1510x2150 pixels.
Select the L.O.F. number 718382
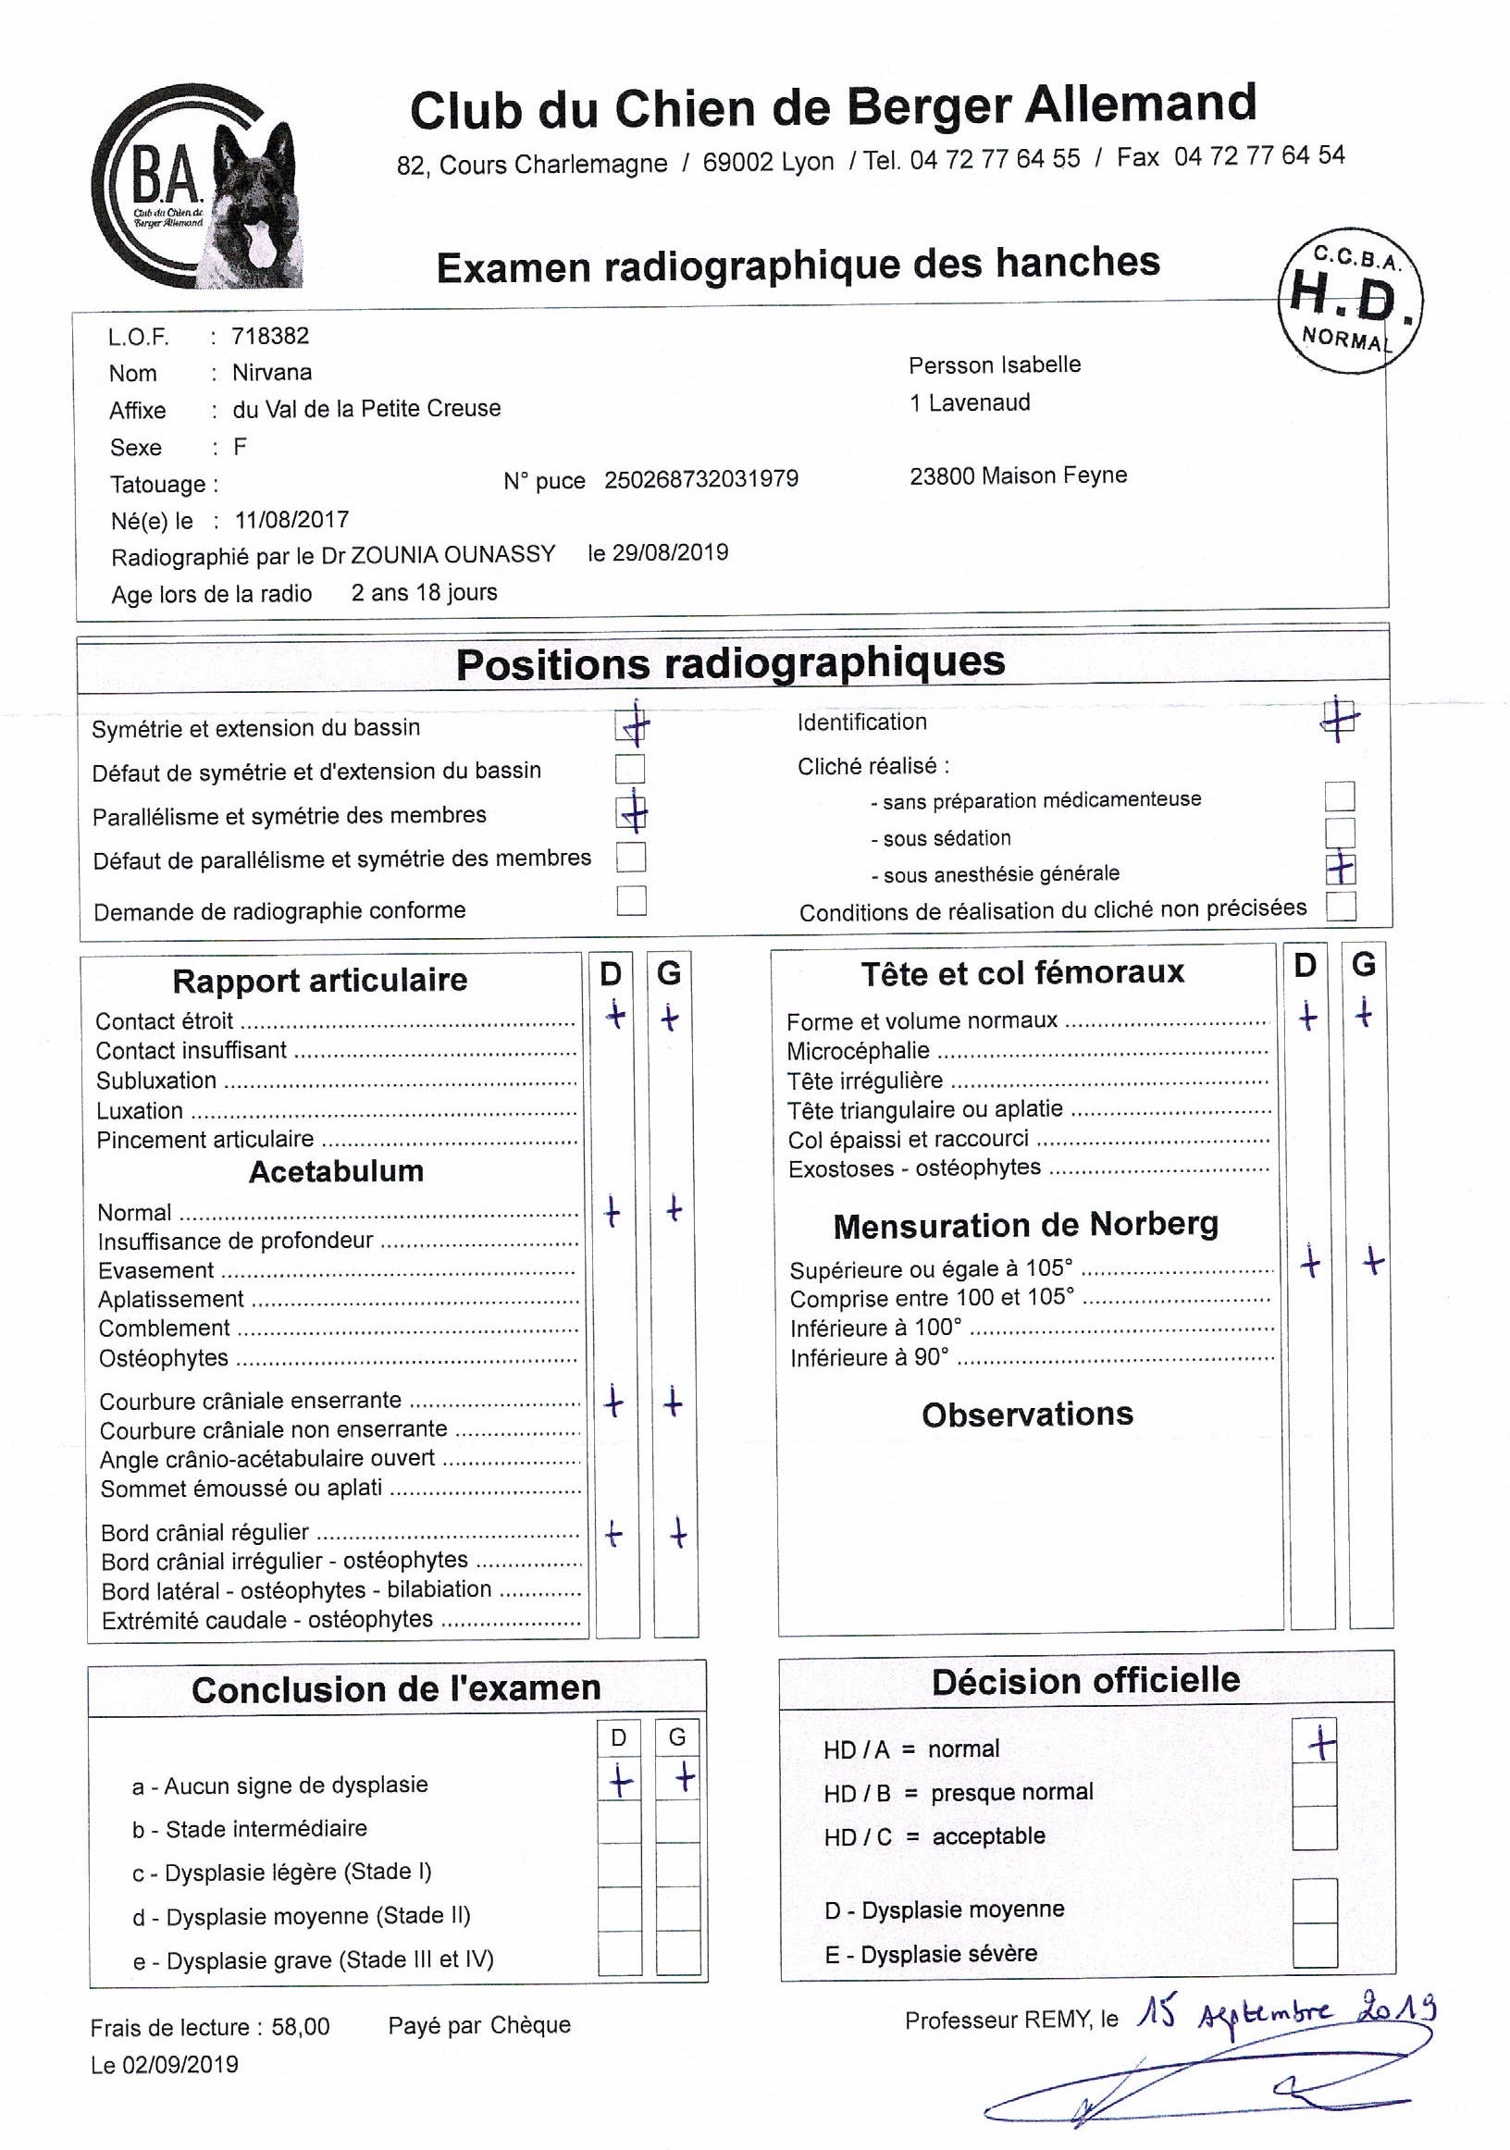tap(270, 336)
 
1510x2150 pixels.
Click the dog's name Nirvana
tap(272, 373)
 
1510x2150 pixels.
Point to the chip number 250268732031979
tap(700, 479)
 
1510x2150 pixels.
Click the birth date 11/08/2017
tap(291, 520)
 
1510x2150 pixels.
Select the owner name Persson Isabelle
tap(994, 365)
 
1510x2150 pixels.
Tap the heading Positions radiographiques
tap(730, 663)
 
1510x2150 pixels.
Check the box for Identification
tap(1340, 719)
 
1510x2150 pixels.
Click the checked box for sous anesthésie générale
tap(1341, 869)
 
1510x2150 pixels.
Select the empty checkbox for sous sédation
tap(1340, 833)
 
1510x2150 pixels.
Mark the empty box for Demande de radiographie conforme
tap(631, 901)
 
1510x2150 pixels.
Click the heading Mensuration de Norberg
tap(1026, 1226)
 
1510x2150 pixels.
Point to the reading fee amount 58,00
tap(300, 2027)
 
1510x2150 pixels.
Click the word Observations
tap(1027, 1414)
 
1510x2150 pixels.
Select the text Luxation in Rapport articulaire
tap(140, 1110)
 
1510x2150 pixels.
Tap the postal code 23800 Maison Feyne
tap(1017, 476)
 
